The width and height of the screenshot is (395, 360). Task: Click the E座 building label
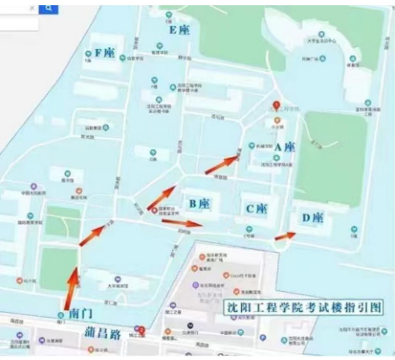click(x=179, y=30)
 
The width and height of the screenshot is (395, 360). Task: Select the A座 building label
click(x=285, y=147)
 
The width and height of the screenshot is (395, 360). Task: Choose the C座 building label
click(x=256, y=209)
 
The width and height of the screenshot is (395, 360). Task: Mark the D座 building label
click(x=312, y=217)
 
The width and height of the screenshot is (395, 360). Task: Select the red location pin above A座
click(x=276, y=105)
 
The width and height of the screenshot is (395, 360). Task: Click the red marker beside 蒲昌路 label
click(x=142, y=330)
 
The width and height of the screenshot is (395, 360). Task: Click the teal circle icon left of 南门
click(x=61, y=315)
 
